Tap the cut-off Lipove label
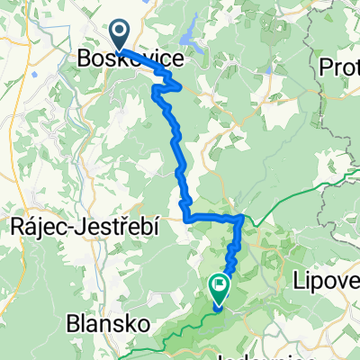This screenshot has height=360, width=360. [326, 282]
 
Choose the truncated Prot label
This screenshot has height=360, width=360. [339, 67]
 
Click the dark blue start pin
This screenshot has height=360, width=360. [119, 35]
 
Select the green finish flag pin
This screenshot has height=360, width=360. [219, 287]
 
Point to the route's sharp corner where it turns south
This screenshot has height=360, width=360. [242, 218]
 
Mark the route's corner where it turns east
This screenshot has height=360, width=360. [186, 217]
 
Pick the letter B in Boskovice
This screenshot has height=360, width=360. [83, 59]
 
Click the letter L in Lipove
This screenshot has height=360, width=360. [299, 282]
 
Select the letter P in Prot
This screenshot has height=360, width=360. [326, 67]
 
